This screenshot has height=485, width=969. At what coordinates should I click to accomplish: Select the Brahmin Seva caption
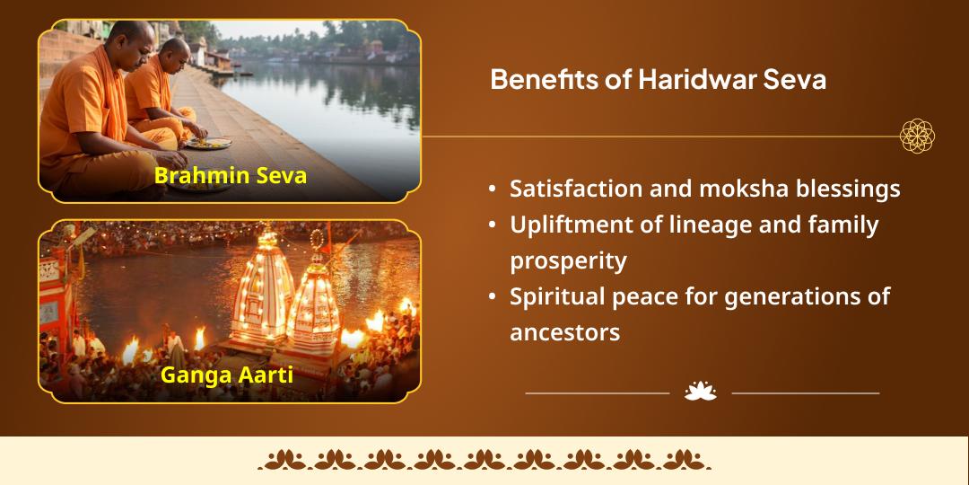[230, 175]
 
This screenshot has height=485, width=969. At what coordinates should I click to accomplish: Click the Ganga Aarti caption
[226, 374]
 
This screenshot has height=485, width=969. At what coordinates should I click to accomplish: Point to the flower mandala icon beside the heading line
[918, 137]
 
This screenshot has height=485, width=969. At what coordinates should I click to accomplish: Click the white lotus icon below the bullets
[700, 392]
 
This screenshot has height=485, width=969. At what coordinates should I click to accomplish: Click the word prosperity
[568, 261]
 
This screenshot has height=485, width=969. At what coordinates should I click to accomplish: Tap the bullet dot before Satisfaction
[493, 190]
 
